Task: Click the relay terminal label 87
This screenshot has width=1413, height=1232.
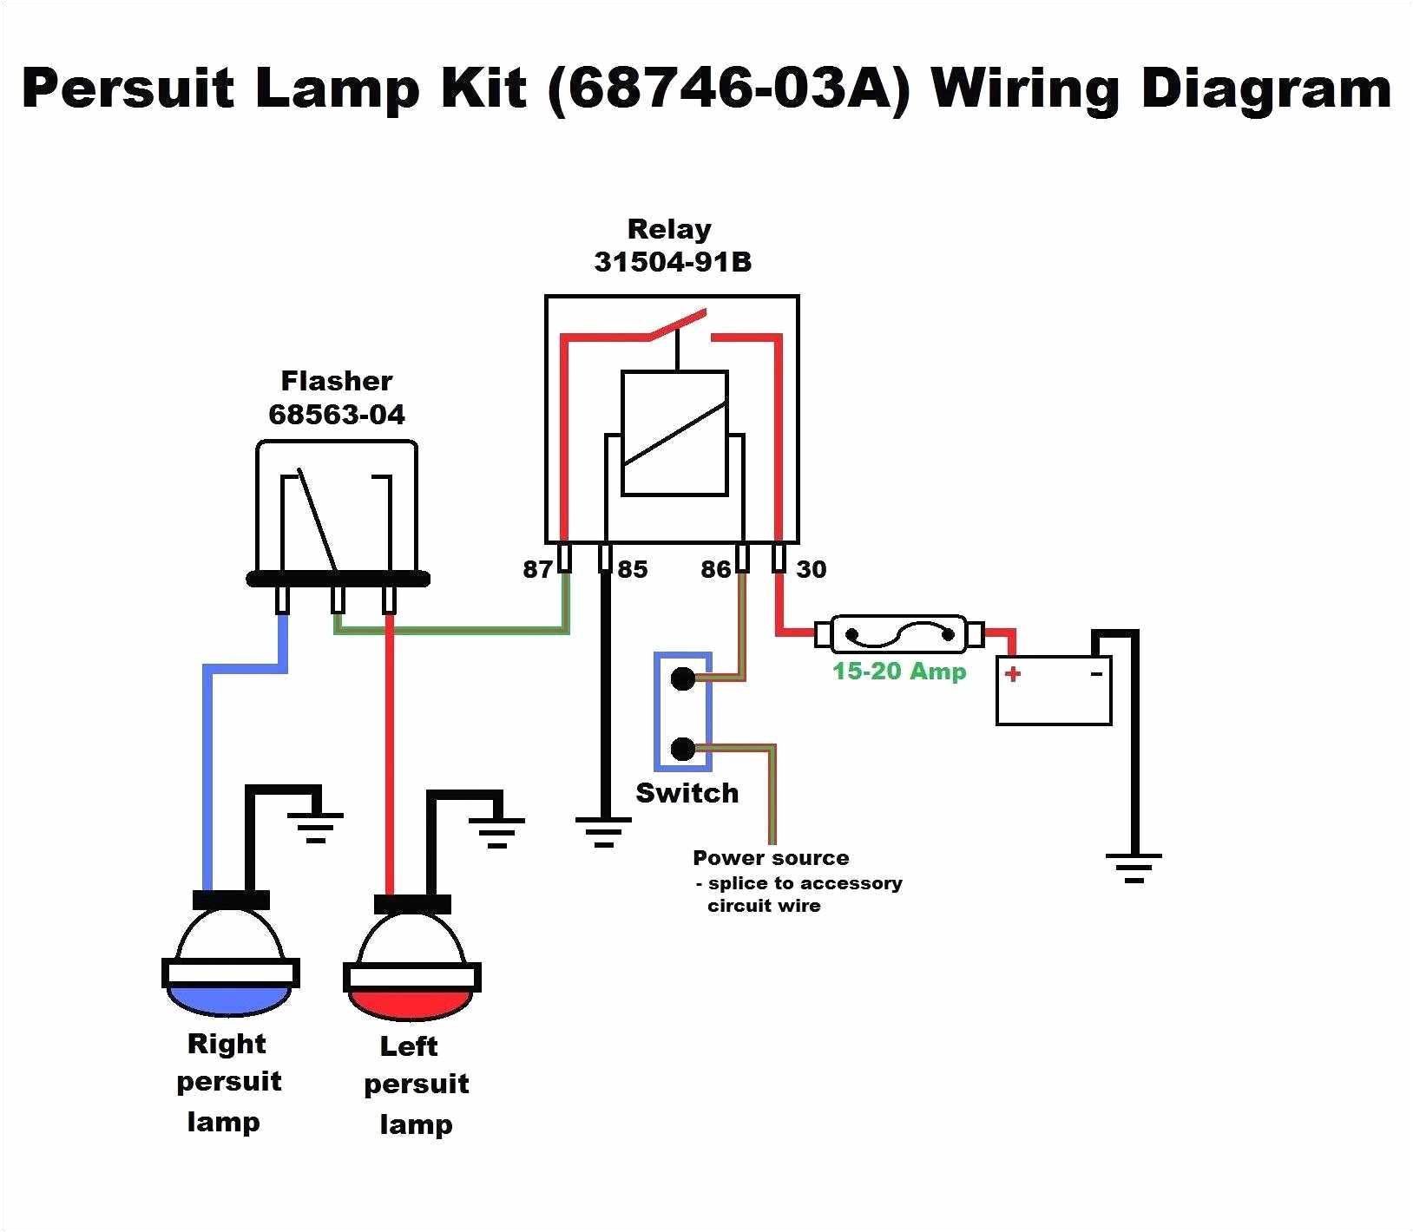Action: click(536, 569)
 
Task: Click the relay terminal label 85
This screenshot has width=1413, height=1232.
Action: click(632, 569)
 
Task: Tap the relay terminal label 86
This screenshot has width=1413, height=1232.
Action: click(716, 569)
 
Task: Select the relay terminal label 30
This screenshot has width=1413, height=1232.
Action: click(812, 569)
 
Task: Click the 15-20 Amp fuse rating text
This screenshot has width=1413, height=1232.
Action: click(899, 671)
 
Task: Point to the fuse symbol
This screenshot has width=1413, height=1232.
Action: click(898, 634)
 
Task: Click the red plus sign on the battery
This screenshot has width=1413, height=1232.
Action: click(1013, 673)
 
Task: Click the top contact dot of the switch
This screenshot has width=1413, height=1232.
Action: click(683, 678)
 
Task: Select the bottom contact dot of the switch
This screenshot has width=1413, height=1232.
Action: click(683, 748)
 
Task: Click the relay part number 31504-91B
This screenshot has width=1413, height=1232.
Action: click(672, 262)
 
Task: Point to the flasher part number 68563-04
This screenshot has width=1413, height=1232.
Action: click(337, 415)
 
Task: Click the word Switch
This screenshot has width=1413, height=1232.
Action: click(687, 793)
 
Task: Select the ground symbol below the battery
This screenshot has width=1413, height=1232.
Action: click(1134, 867)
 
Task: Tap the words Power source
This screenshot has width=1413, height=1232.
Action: click(771, 858)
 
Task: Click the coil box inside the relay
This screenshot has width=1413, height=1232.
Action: click(674, 434)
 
